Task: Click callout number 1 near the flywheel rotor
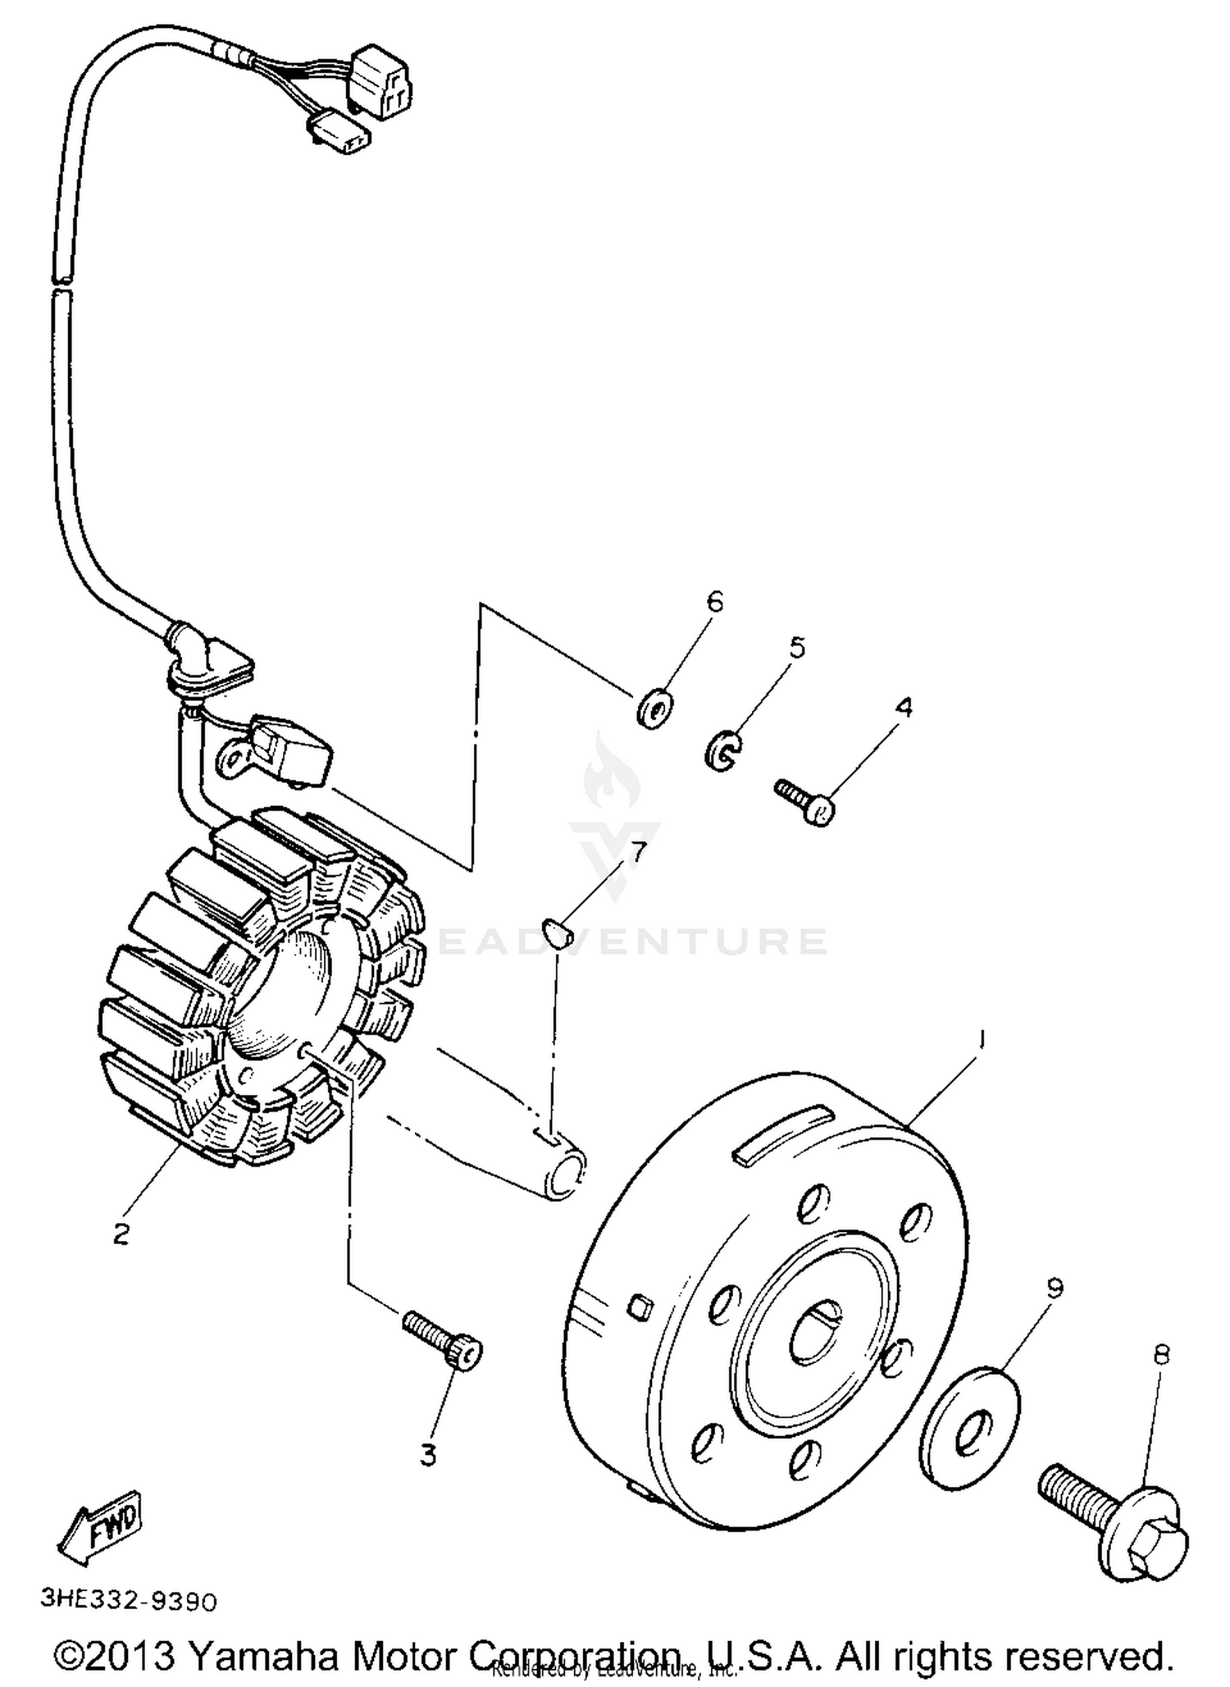[981, 1039]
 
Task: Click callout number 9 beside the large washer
[1055, 1289]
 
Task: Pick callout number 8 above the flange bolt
[1161, 1354]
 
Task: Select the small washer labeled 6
[654, 708]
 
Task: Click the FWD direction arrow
[102, 1522]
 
